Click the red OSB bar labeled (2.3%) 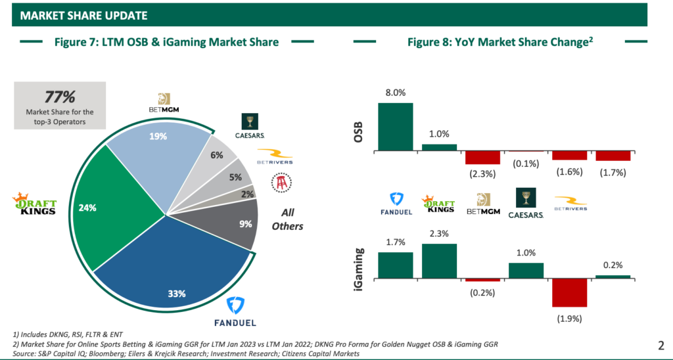pyautogui.click(x=482, y=158)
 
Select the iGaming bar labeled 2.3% pyautogui.click(x=439, y=261)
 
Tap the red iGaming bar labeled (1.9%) pyautogui.click(x=569, y=293)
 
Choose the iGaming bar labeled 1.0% pyautogui.click(x=526, y=271)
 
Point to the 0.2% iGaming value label pyautogui.click(x=613, y=265)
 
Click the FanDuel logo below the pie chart pyautogui.click(x=235, y=313)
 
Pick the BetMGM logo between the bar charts pyautogui.click(x=483, y=204)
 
